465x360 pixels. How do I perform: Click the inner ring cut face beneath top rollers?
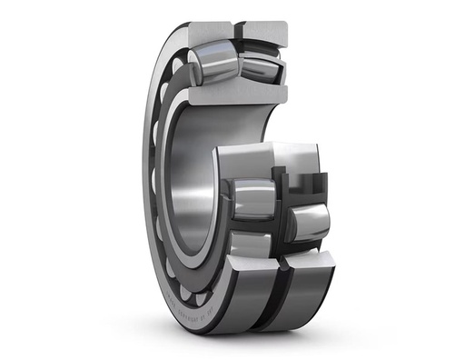232,95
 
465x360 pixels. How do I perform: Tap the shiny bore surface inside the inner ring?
195,182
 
